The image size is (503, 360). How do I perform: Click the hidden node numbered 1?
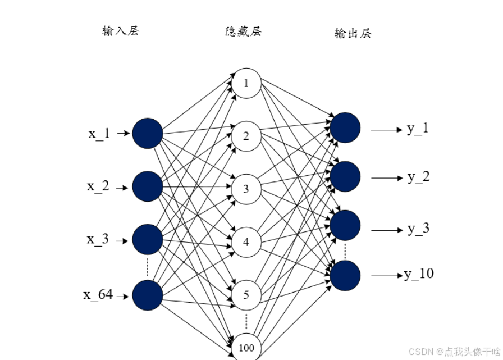pyautogui.click(x=246, y=83)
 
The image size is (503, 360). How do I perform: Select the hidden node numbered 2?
pyautogui.click(x=246, y=136)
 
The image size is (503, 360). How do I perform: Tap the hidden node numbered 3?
pyautogui.click(x=246, y=189)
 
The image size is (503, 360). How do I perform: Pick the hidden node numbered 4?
pyautogui.click(x=246, y=242)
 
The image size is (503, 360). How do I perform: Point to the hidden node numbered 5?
pyautogui.click(x=246, y=294)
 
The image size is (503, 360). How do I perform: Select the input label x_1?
pyautogui.click(x=99, y=134)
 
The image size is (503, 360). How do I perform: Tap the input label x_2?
pyautogui.click(x=98, y=186)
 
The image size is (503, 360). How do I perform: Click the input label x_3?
pyautogui.click(x=98, y=239)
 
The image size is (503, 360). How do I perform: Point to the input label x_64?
pyautogui.click(x=98, y=294)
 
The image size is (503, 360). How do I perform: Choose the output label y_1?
pyautogui.click(x=418, y=129)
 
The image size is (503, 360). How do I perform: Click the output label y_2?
pyautogui.click(x=419, y=177)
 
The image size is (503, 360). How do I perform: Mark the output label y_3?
pyautogui.click(x=418, y=229)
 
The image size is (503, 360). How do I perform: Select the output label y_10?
pyautogui.click(x=419, y=274)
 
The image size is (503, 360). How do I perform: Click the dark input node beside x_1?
pyautogui.click(x=147, y=134)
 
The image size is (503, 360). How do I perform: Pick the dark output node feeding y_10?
pyautogui.click(x=345, y=276)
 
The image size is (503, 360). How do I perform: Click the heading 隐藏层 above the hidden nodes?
pyautogui.click(x=243, y=31)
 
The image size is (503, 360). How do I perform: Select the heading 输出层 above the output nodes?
pyautogui.click(x=353, y=34)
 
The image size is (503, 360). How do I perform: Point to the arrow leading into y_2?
pyautogui.click(x=387, y=178)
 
